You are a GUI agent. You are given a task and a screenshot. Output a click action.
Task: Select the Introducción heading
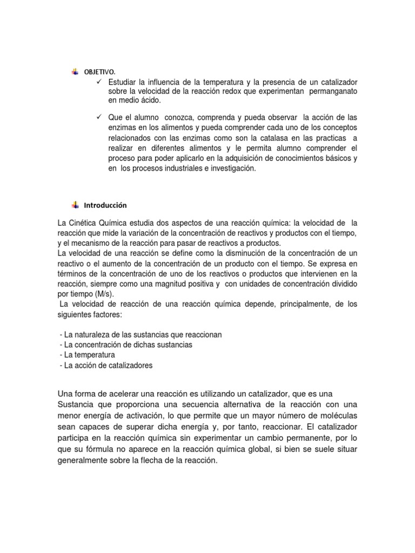pos(105,205)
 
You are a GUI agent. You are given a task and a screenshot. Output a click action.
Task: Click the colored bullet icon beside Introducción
pos(75,205)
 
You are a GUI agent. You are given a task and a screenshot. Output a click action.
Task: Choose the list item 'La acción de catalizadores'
pos(108,366)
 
